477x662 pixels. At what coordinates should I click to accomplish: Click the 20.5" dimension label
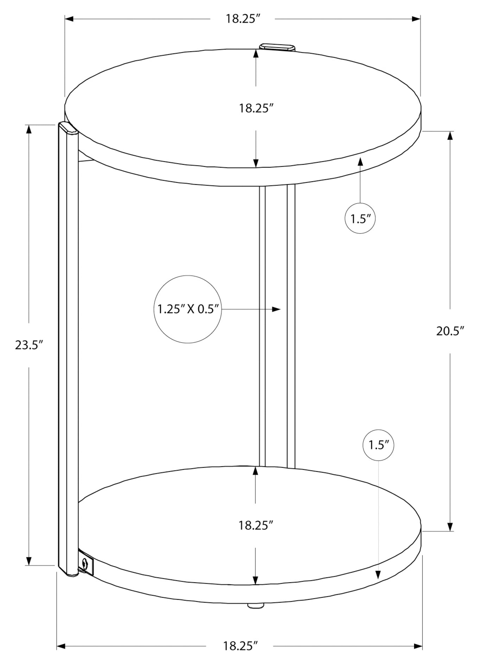pos(450,331)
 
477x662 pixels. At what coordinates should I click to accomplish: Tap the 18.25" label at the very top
pos(242,19)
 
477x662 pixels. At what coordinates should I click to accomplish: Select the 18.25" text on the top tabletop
pos(256,108)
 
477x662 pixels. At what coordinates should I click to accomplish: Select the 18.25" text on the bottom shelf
pos(256,526)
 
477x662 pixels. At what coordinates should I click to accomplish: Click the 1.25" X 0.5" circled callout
pos(188,309)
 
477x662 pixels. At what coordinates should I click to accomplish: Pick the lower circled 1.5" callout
pos(378,446)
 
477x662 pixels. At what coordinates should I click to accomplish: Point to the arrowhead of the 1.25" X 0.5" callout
pos(277,309)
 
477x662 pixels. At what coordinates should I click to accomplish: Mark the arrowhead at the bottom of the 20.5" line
pos(450,536)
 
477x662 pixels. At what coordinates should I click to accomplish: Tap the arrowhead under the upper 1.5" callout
pos(360,162)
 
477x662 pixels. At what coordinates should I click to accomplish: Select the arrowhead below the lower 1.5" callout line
pos(378,574)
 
